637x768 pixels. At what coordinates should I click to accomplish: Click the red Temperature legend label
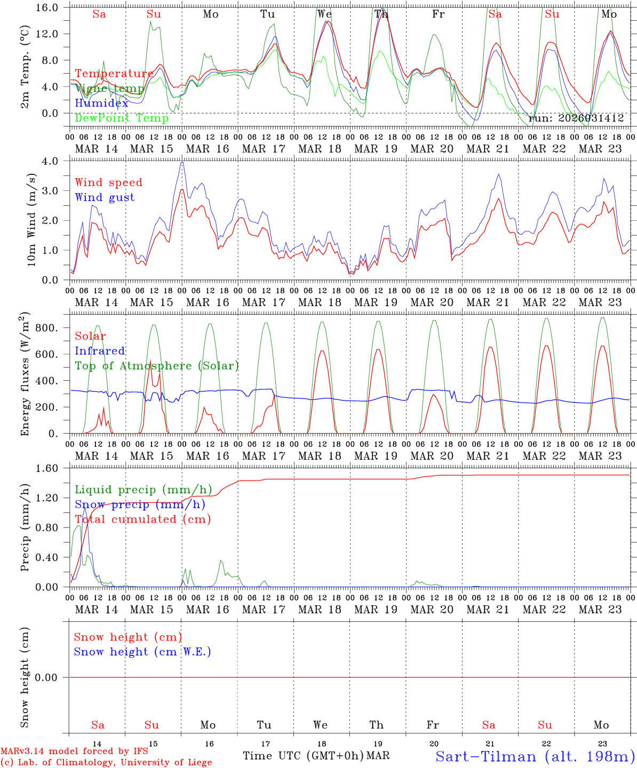pyautogui.click(x=114, y=74)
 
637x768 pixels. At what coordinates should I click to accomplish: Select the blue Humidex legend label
pyautogui.click(x=102, y=103)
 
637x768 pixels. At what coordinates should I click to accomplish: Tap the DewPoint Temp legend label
pyautogui.click(x=122, y=118)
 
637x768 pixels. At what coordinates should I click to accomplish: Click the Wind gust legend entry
pyautogui.click(x=105, y=197)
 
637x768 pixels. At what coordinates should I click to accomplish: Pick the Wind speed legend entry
pyautogui.click(x=108, y=182)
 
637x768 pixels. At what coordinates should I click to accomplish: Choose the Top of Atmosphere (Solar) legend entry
pyautogui.click(x=157, y=366)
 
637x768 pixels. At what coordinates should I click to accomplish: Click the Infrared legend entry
pyautogui.click(x=100, y=351)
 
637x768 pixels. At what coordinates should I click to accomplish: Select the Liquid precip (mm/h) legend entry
pyautogui.click(x=143, y=490)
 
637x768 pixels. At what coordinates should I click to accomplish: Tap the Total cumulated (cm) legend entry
pyautogui.click(x=142, y=519)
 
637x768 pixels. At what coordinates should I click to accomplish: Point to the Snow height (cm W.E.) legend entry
pyautogui.click(x=142, y=652)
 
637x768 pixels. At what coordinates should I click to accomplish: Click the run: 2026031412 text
pyautogui.click(x=576, y=118)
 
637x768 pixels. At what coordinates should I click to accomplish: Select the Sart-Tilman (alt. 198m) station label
pyautogui.click(x=535, y=756)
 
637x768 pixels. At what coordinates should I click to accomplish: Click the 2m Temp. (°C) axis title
pyautogui.click(x=25, y=67)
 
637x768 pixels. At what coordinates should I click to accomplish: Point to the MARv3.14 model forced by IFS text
pyautogui.click(x=74, y=751)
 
